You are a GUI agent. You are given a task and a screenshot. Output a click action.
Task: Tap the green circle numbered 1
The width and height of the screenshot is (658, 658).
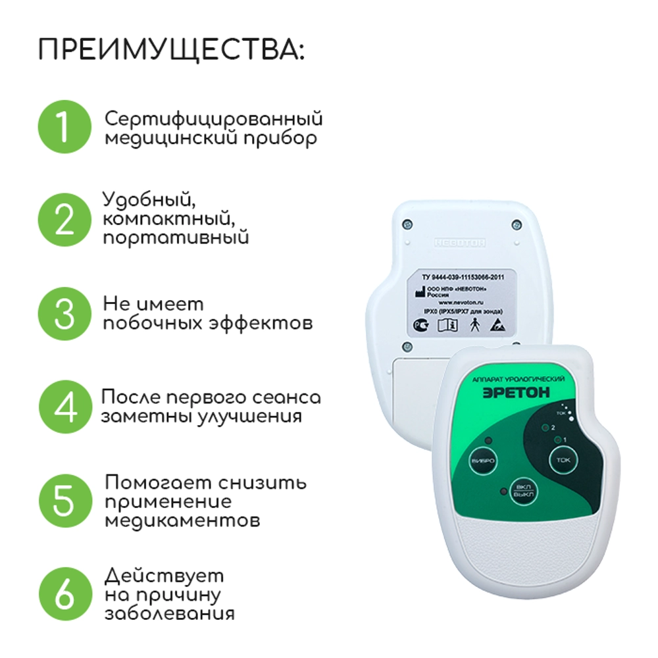[63, 127]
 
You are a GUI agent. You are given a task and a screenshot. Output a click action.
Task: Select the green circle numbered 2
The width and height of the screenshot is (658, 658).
[63, 219]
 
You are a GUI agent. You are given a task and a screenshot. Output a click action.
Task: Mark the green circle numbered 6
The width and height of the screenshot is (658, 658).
[64, 595]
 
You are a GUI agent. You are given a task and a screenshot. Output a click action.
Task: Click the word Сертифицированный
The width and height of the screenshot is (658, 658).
[214, 120]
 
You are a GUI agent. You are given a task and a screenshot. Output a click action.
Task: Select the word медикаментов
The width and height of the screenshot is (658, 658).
[182, 520]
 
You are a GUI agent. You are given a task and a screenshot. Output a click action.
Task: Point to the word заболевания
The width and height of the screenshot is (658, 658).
[170, 614]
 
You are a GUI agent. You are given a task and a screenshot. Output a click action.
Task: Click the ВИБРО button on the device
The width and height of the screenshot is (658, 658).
[482, 460]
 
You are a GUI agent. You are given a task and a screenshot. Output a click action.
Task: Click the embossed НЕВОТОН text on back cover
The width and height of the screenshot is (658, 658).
[460, 243]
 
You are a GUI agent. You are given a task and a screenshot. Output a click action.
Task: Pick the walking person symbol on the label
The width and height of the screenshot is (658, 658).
[475, 324]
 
